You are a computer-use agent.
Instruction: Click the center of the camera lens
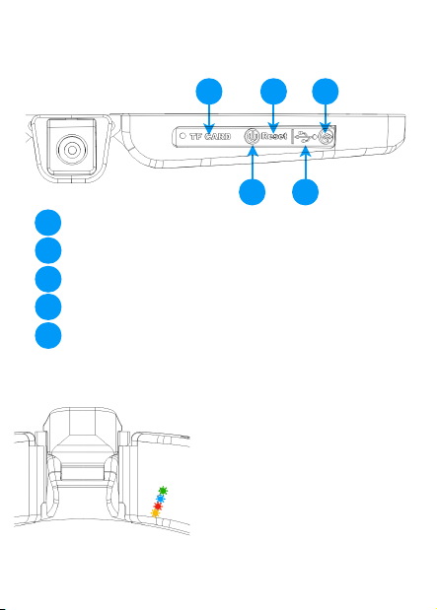pos(72,150)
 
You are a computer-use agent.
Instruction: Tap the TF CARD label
pos(210,137)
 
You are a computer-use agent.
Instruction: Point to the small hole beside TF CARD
pos(182,136)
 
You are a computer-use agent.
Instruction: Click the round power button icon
pos(252,137)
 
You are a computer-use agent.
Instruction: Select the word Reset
pos(274,136)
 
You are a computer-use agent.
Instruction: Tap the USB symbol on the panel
pos(306,137)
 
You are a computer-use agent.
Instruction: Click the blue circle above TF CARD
pos(209,92)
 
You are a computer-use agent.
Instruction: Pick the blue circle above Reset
pos(273,92)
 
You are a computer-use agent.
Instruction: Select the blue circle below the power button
pos(252,192)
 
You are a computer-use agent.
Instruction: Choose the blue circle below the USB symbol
pos(306,192)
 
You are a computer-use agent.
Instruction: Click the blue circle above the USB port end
pos(326,92)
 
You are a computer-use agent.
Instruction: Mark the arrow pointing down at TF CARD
pos(209,118)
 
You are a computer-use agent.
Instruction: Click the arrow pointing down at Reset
pos(273,118)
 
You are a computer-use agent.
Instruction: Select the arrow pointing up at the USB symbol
pos(306,163)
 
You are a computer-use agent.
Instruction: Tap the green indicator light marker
pos(163,491)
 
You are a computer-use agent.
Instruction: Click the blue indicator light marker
pos(160,499)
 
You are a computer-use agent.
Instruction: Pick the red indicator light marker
pos(158,507)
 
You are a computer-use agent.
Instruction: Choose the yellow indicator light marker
pos(155,513)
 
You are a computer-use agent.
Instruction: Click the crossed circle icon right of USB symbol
pos(326,136)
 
